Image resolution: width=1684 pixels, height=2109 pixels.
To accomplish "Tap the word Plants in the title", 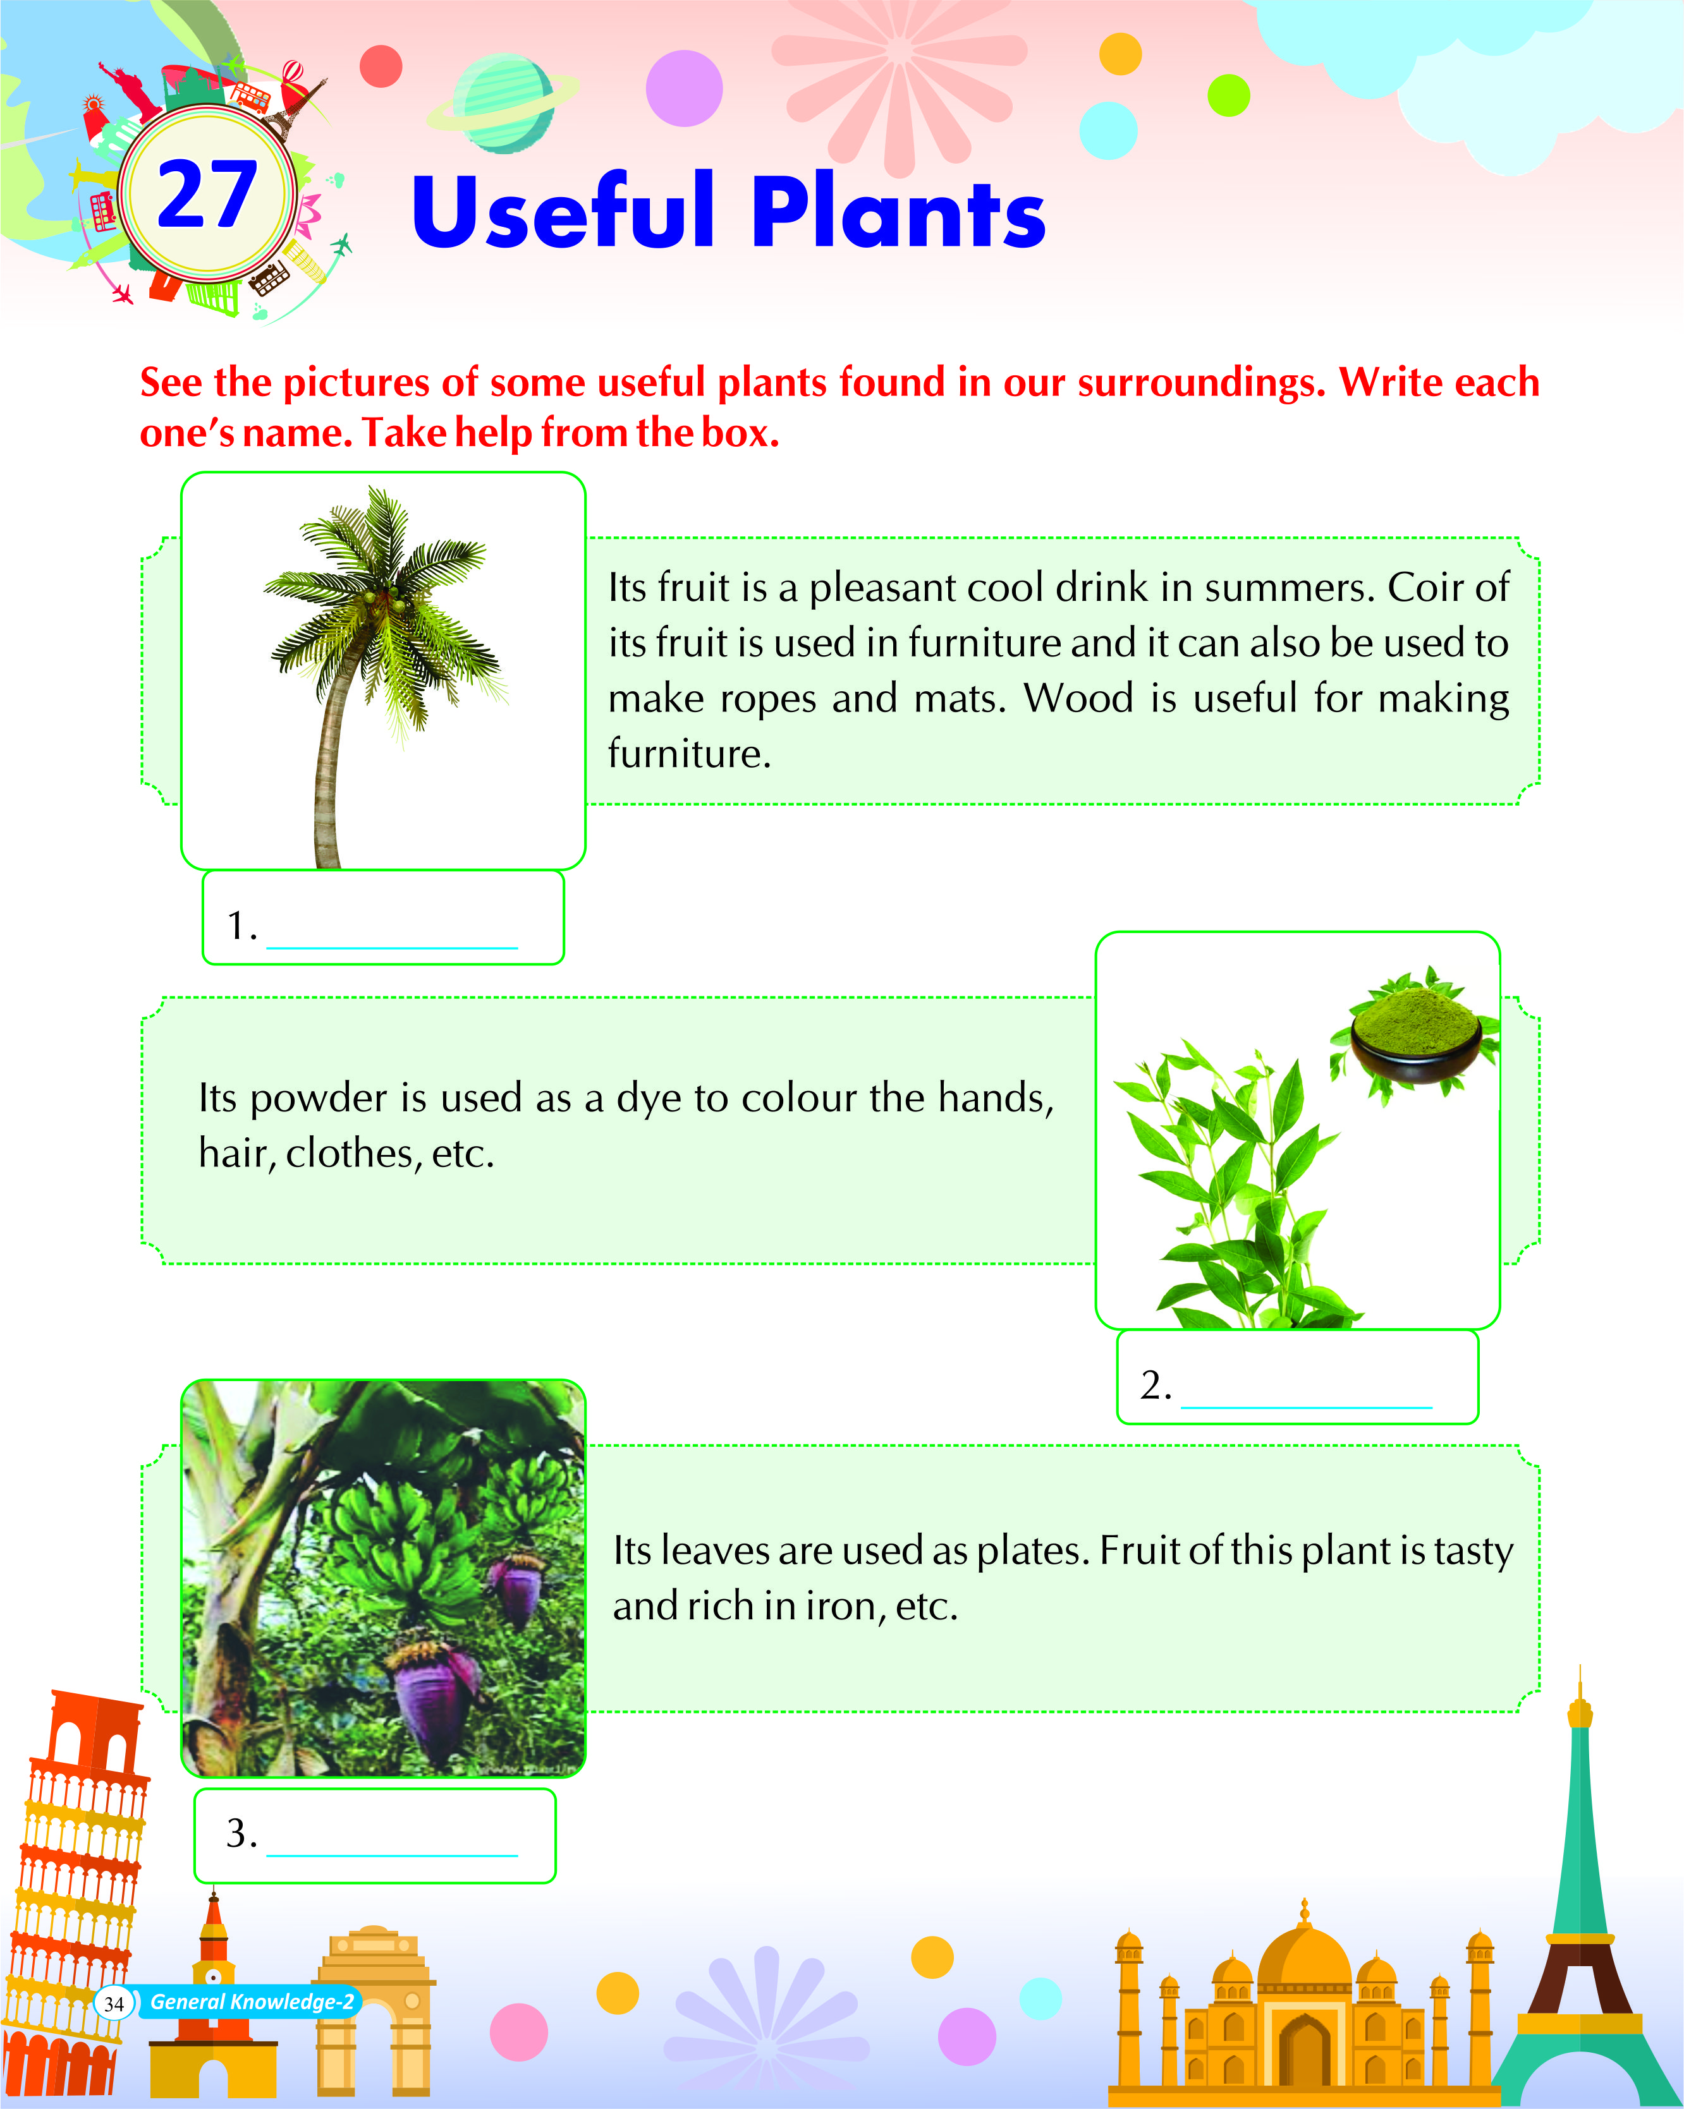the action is (898, 212).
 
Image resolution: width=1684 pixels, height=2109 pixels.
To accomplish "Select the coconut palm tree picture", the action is (384, 675).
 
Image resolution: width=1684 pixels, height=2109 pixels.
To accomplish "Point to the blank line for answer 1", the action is (391, 947).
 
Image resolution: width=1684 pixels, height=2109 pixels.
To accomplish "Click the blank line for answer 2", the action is (1306, 1406).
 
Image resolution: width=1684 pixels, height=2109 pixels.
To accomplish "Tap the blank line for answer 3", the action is (391, 1854).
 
